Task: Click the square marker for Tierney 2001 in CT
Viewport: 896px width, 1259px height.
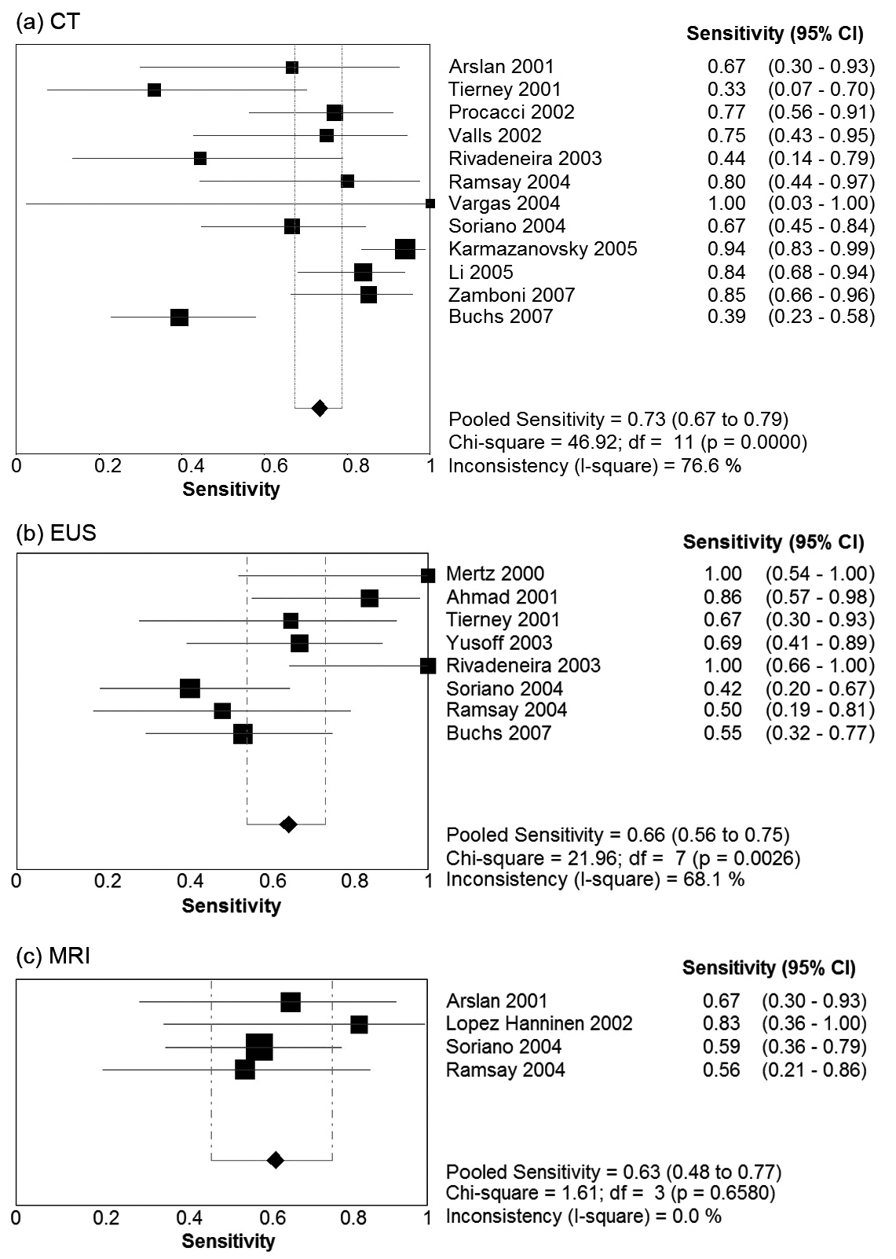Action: point(154,90)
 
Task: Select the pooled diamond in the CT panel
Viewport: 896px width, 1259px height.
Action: point(319,408)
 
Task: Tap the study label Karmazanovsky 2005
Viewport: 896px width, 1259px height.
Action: point(543,249)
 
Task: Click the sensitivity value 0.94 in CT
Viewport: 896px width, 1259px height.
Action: point(726,249)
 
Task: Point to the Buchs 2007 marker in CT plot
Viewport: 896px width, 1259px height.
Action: point(179,318)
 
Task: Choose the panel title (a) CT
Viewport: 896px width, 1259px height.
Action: point(48,21)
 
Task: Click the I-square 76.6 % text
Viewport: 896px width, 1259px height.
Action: point(594,465)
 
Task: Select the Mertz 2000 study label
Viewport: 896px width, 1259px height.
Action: point(495,574)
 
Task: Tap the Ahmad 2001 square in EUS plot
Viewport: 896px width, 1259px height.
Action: point(369,599)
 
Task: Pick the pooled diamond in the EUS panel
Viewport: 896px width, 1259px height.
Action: point(288,824)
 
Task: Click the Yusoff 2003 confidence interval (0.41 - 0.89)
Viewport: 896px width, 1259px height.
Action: point(819,643)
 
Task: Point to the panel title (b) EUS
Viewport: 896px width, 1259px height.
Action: point(56,533)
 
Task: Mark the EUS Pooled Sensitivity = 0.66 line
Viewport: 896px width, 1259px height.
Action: point(617,835)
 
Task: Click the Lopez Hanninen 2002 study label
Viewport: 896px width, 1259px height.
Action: point(539,1023)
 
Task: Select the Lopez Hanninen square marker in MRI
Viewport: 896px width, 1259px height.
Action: point(359,1024)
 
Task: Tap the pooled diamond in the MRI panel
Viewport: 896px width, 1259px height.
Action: point(275,1159)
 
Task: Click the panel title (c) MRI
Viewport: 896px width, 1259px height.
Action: point(53,956)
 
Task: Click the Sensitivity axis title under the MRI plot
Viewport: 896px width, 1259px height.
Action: point(229,1241)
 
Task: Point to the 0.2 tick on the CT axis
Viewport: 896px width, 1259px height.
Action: point(108,465)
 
